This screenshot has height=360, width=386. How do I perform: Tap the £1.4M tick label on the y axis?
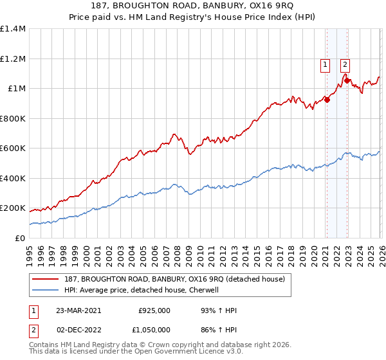point(12,29)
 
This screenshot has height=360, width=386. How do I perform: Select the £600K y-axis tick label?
point(12,148)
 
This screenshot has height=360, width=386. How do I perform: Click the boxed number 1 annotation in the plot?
point(326,64)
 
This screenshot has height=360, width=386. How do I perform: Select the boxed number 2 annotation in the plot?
point(345,64)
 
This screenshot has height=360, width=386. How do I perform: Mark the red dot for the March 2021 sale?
point(327,100)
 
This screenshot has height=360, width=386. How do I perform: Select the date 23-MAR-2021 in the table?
point(77,310)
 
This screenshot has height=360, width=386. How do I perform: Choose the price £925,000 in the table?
point(154,310)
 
